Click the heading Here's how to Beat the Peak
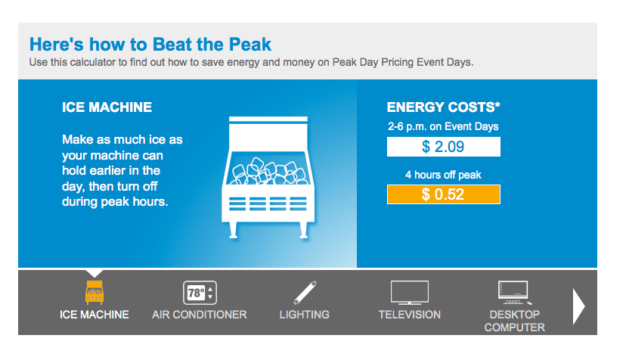click(x=150, y=44)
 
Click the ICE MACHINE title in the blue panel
click(x=107, y=107)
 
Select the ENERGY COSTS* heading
click(x=443, y=107)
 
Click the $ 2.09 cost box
click(x=443, y=146)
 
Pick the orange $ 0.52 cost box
click(x=443, y=194)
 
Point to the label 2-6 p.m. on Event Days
click(x=443, y=126)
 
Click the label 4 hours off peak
click(x=443, y=175)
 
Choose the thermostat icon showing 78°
click(x=200, y=292)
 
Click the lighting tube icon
click(x=304, y=292)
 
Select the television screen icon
click(x=409, y=292)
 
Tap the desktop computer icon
click(x=514, y=291)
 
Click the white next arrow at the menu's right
click(x=579, y=306)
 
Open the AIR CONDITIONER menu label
click(x=200, y=315)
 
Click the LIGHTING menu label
click(x=304, y=315)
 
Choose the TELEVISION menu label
click(x=409, y=315)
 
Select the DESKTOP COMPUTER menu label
click(x=514, y=321)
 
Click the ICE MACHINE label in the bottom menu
click(x=95, y=315)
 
